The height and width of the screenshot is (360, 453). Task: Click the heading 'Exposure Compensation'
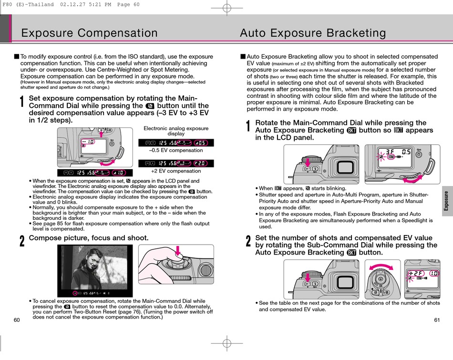pyautogui.click(x=89, y=33)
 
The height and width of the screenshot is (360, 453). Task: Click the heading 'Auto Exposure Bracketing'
pyautogui.click(x=313, y=33)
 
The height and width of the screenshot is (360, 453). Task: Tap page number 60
pyautogui.click(x=17, y=319)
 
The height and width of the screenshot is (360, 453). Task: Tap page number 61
pyautogui.click(x=437, y=319)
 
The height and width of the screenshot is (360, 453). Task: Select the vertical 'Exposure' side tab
pyautogui.click(x=446, y=201)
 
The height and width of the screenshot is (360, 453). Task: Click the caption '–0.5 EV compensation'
pyautogui.click(x=176, y=150)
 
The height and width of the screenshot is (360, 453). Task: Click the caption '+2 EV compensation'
pyautogui.click(x=176, y=171)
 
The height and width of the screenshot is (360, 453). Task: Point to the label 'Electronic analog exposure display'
pyautogui.click(x=176, y=131)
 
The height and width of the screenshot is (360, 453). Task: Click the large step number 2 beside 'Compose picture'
pyautogui.click(x=22, y=241)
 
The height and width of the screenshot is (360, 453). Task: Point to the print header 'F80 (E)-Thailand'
pyautogui.click(x=29, y=4)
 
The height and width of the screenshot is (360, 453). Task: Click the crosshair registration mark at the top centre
pyautogui.click(x=227, y=8)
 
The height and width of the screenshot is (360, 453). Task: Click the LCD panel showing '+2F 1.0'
pyautogui.click(x=422, y=277)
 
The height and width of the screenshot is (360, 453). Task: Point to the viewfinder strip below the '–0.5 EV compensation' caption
pyautogui.click(x=176, y=163)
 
